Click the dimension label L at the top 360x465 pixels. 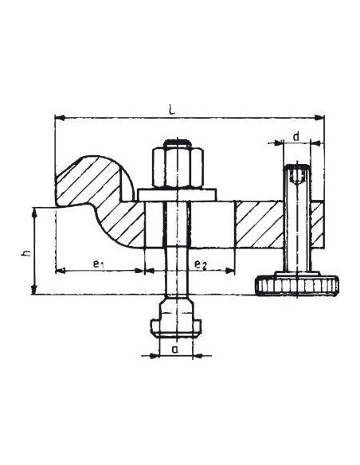[171, 109]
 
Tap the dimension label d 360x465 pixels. [295, 137]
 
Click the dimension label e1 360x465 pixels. [98, 264]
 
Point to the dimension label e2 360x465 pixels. [200, 264]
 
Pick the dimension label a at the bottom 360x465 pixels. [175, 350]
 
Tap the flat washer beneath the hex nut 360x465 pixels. [178, 194]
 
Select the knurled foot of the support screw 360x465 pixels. [296, 285]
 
